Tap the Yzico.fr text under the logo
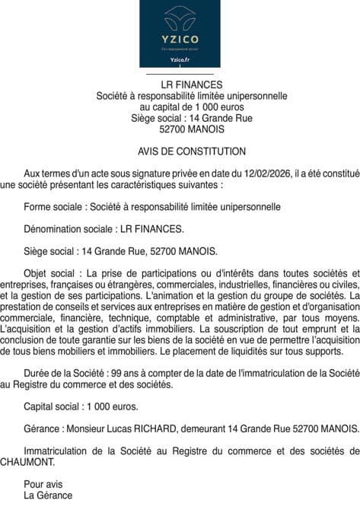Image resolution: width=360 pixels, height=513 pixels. pyautogui.click(x=180, y=59)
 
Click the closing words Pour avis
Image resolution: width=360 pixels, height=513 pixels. pyautogui.click(x=43, y=484)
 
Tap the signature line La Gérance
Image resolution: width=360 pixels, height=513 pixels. pyautogui.click(x=48, y=495)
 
